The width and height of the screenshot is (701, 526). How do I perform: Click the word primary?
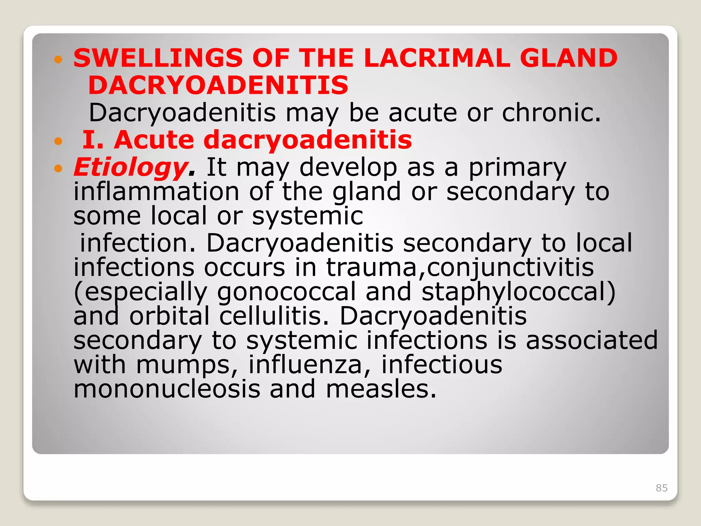pyautogui.click(x=517, y=168)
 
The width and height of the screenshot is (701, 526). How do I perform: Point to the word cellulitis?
pyautogui.click(x=274, y=316)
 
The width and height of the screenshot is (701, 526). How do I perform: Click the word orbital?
pyautogui.click(x=169, y=316)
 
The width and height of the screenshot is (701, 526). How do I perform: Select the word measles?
pyautogui.click(x=381, y=389)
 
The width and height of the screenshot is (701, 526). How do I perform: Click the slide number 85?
pyautogui.click(x=662, y=488)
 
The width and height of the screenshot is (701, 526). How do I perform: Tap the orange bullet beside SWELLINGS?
pyautogui.click(x=59, y=60)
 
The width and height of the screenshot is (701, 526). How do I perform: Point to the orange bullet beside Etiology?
pyautogui.click(x=59, y=168)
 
